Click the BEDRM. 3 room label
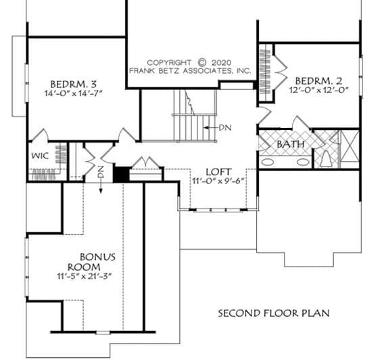click(x=73, y=85)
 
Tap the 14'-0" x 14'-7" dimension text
click(x=73, y=93)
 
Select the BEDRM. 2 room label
click(x=318, y=81)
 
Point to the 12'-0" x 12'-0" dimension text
click(x=319, y=90)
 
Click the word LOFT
click(x=218, y=172)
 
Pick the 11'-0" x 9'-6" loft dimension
click(x=218, y=181)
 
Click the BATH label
click(x=291, y=144)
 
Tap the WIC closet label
click(x=40, y=156)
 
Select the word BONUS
click(x=98, y=257)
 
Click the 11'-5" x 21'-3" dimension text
click(x=85, y=276)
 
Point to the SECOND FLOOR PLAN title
click(x=274, y=313)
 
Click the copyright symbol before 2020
click(x=202, y=62)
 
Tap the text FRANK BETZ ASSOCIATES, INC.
click(x=190, y=71)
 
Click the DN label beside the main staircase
click(x=225, y=128)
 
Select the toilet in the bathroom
click(x=326, y=159)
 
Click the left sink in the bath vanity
click(x=267, y=162)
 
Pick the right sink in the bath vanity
click(x=303, y=162)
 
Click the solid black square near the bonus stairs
click(x=121, y=174)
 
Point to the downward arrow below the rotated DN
click(x=101, y=187)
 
